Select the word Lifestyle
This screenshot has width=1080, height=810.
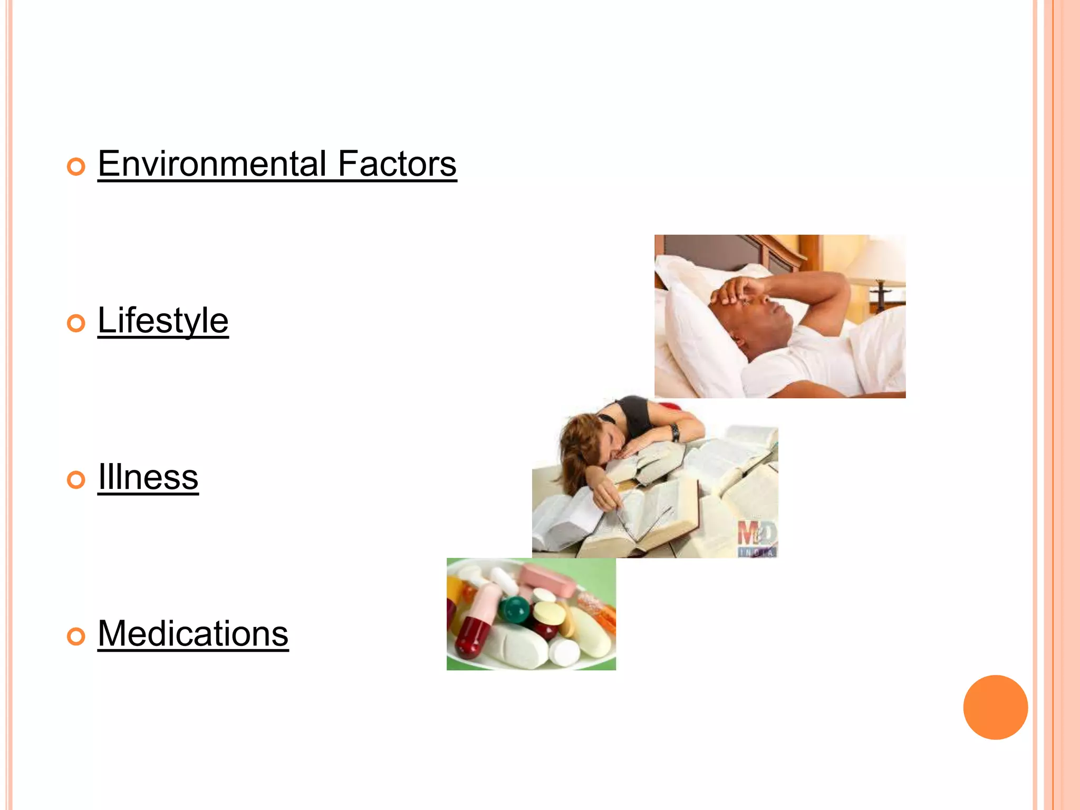[x=163, y=320]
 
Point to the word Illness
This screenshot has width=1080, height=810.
[x=148, y=477]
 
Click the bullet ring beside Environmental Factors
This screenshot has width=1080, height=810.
[x=76, y=167]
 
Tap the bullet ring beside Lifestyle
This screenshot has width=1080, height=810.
[x=76, y=323]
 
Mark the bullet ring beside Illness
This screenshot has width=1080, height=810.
[x=76, y=480]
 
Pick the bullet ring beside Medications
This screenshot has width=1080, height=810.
[x=76, y=636]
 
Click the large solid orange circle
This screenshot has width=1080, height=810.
[x=995, y=707]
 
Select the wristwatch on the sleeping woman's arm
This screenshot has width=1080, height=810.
[x=675, y=432]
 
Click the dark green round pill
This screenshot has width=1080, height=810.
[x=514, y=609]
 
